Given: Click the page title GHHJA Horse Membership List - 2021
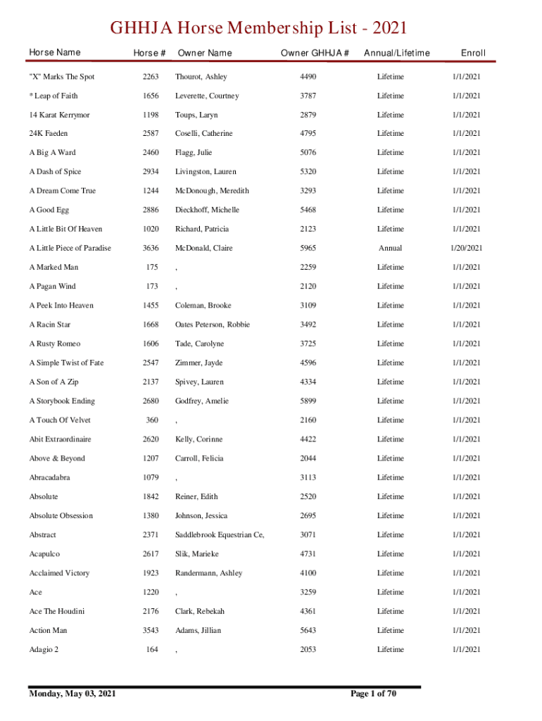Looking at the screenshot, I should [258, 29].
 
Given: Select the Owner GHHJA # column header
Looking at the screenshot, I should [315, 53].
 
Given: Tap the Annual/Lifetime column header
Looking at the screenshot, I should [396, 53].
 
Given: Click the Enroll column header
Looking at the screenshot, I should [473, 53].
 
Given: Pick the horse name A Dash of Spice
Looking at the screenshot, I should [55, 172].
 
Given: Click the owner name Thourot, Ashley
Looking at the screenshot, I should [201, 77].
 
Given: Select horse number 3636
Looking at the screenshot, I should [151, 248].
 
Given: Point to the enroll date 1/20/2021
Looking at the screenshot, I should [466, 248].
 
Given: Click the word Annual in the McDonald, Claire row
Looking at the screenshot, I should [390, 248].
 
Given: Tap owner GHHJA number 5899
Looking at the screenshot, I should [308, 401].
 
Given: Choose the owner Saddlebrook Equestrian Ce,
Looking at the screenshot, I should [220, 534].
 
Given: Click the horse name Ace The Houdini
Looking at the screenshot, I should [57, 611].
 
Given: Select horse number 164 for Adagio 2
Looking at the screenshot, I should [152, 649].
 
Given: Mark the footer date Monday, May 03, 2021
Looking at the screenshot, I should [73, 694].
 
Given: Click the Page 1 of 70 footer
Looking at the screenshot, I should [373, 694].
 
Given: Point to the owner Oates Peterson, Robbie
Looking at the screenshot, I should [213, 325].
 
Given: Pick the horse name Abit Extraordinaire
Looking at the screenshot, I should [60, 439].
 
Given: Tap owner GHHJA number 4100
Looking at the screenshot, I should [308, 573].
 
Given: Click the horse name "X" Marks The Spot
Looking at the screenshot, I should [61, 77].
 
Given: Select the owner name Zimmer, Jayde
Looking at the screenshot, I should [198, 363].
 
